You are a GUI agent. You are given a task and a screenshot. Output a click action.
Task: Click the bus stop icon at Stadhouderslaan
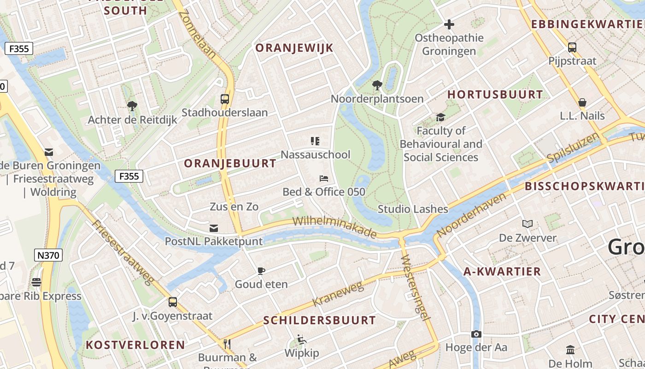coord(225,99)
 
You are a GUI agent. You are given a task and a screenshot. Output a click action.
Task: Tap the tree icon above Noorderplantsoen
coord(377,85)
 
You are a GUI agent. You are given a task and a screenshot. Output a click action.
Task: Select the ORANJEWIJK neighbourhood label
coord(294,48)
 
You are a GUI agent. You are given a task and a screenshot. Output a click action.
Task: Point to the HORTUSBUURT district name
coord(495,95)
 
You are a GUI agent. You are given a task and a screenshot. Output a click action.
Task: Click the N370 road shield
coord(48,255)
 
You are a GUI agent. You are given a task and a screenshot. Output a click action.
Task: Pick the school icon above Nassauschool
coord(315,141)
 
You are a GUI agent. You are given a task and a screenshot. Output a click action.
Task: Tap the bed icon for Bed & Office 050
coord(324,178)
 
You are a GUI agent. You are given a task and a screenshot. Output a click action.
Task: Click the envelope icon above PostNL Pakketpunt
coord(214,228)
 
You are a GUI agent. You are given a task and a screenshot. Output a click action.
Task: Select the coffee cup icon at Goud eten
coord(261,271)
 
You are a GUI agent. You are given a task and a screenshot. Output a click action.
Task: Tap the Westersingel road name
coord(415,286)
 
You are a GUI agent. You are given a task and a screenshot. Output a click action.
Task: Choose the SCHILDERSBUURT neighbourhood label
coord(319,320)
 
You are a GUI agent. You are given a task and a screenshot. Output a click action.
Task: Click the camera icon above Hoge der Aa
coord(476,334)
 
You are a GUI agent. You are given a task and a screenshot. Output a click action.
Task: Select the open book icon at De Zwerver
coord(528,224)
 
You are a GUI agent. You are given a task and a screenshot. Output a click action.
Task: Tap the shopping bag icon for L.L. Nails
coord(582,102)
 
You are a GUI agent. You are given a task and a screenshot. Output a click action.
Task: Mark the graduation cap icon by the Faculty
coord(441,117)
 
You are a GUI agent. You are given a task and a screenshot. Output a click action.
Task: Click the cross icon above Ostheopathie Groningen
coord(449,24)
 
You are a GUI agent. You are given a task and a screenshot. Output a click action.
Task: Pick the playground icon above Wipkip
coord(301,339)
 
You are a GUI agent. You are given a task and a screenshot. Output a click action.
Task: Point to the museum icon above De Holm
coord(570,350)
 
